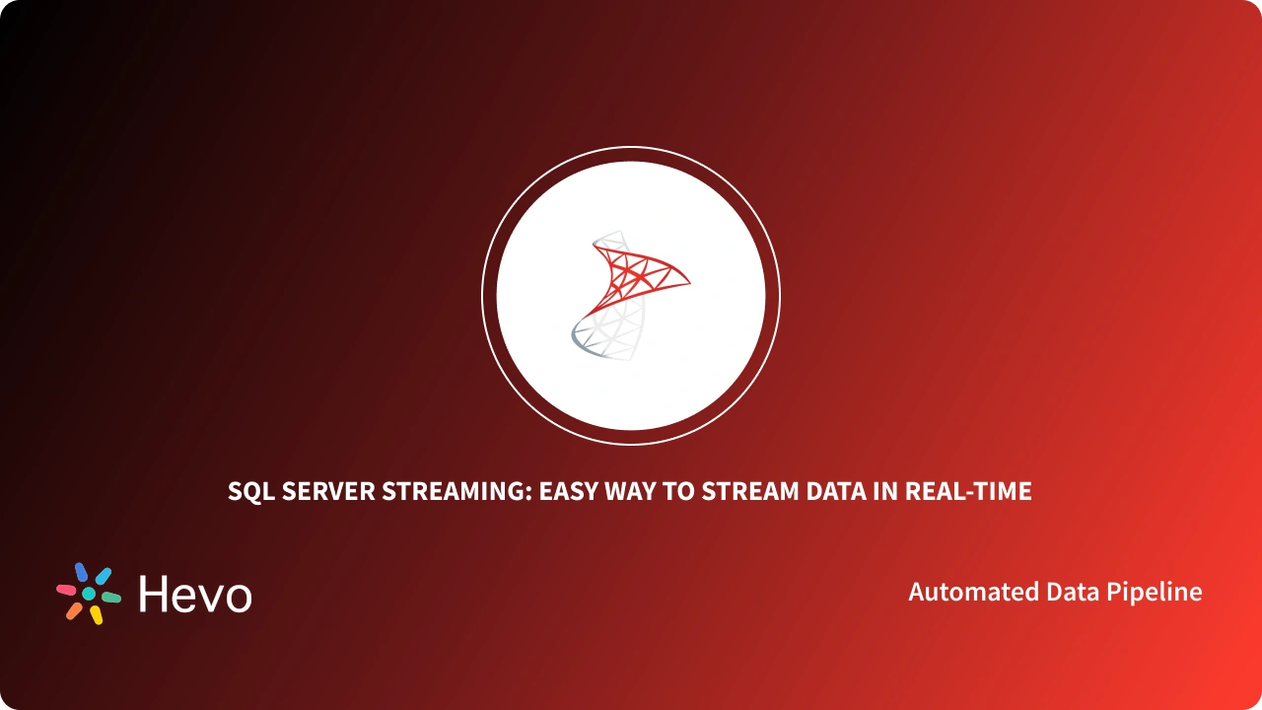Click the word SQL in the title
pyautogui.click(x=250, y=491)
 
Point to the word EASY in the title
pyautogui.click(x=569, y=491)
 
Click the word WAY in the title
pyautogui.click(x=637, y=491)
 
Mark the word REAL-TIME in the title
pyautogui.click(x=969, y=491)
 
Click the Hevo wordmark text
pyautogui.click(x=195, y=594)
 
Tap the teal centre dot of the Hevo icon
pyautogui.click(x=89, y=594)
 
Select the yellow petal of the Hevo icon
pyautogui.click(x=97, y=615)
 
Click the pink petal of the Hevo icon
pyautogui.click(x=66, y=590)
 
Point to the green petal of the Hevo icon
pyautogui.click(x=111, y=598)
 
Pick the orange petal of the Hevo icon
pyautogui.click(x=74, y=611)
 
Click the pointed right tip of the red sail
pyautogui.click(x=688, y=283)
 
